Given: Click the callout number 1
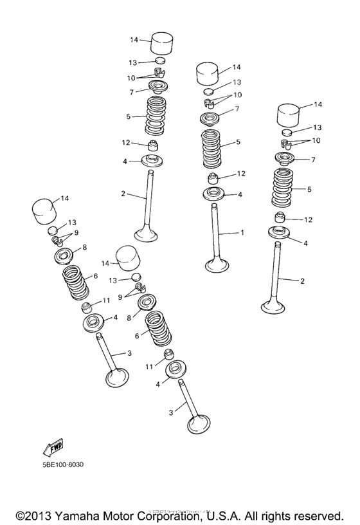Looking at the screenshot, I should tap(242, 232).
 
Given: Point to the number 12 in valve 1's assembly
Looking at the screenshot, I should tap(242, 174).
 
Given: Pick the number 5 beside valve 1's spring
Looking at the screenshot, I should tap(239, 142).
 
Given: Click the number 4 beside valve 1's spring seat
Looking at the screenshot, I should tap(240, 194).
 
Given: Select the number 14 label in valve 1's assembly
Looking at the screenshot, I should tap(237, 67).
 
